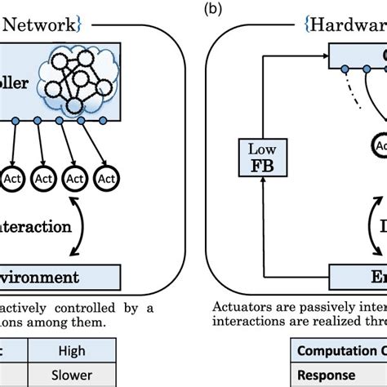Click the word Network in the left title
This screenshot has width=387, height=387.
click(x=41, y=24)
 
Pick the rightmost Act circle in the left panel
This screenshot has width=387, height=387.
click(x=105, y=176)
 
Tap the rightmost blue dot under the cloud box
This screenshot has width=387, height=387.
click(x=102, y=122)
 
